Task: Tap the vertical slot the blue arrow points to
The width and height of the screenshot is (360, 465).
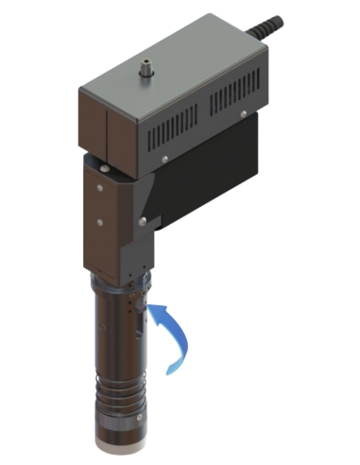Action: click(138, 316)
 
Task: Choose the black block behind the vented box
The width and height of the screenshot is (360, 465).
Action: click(217, 189)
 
